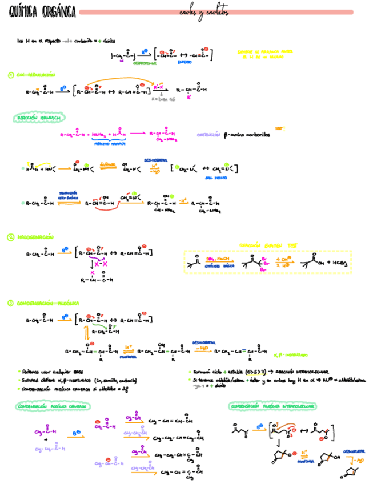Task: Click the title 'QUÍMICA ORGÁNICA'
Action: point(40,12)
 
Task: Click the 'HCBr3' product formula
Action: point(336,263)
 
